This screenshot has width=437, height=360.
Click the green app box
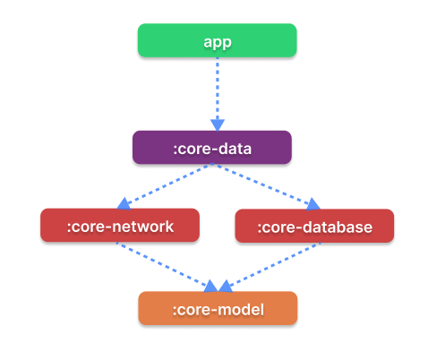coord(217,40)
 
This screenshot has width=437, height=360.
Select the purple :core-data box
coord(212,147)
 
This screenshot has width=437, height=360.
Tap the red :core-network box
coord(120,225)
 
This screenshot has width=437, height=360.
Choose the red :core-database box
coord(314,226)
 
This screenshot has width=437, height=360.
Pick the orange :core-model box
coord(218,308)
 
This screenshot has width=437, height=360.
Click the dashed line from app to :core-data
coord(218,89)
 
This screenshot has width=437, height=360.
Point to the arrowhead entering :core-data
coord(218,125)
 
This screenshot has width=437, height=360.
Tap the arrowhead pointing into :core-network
coord(124,203)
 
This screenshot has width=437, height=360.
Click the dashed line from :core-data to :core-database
coord(262,184)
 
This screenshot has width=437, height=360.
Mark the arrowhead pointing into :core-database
coord(313,204)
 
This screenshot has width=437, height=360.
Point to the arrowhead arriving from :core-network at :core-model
coord(210,287)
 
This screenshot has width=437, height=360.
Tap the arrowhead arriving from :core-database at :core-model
coord(225,287)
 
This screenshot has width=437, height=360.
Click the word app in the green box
coord(218,42)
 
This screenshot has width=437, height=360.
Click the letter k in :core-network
coord(168,226)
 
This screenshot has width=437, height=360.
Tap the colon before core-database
coord(260,228)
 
